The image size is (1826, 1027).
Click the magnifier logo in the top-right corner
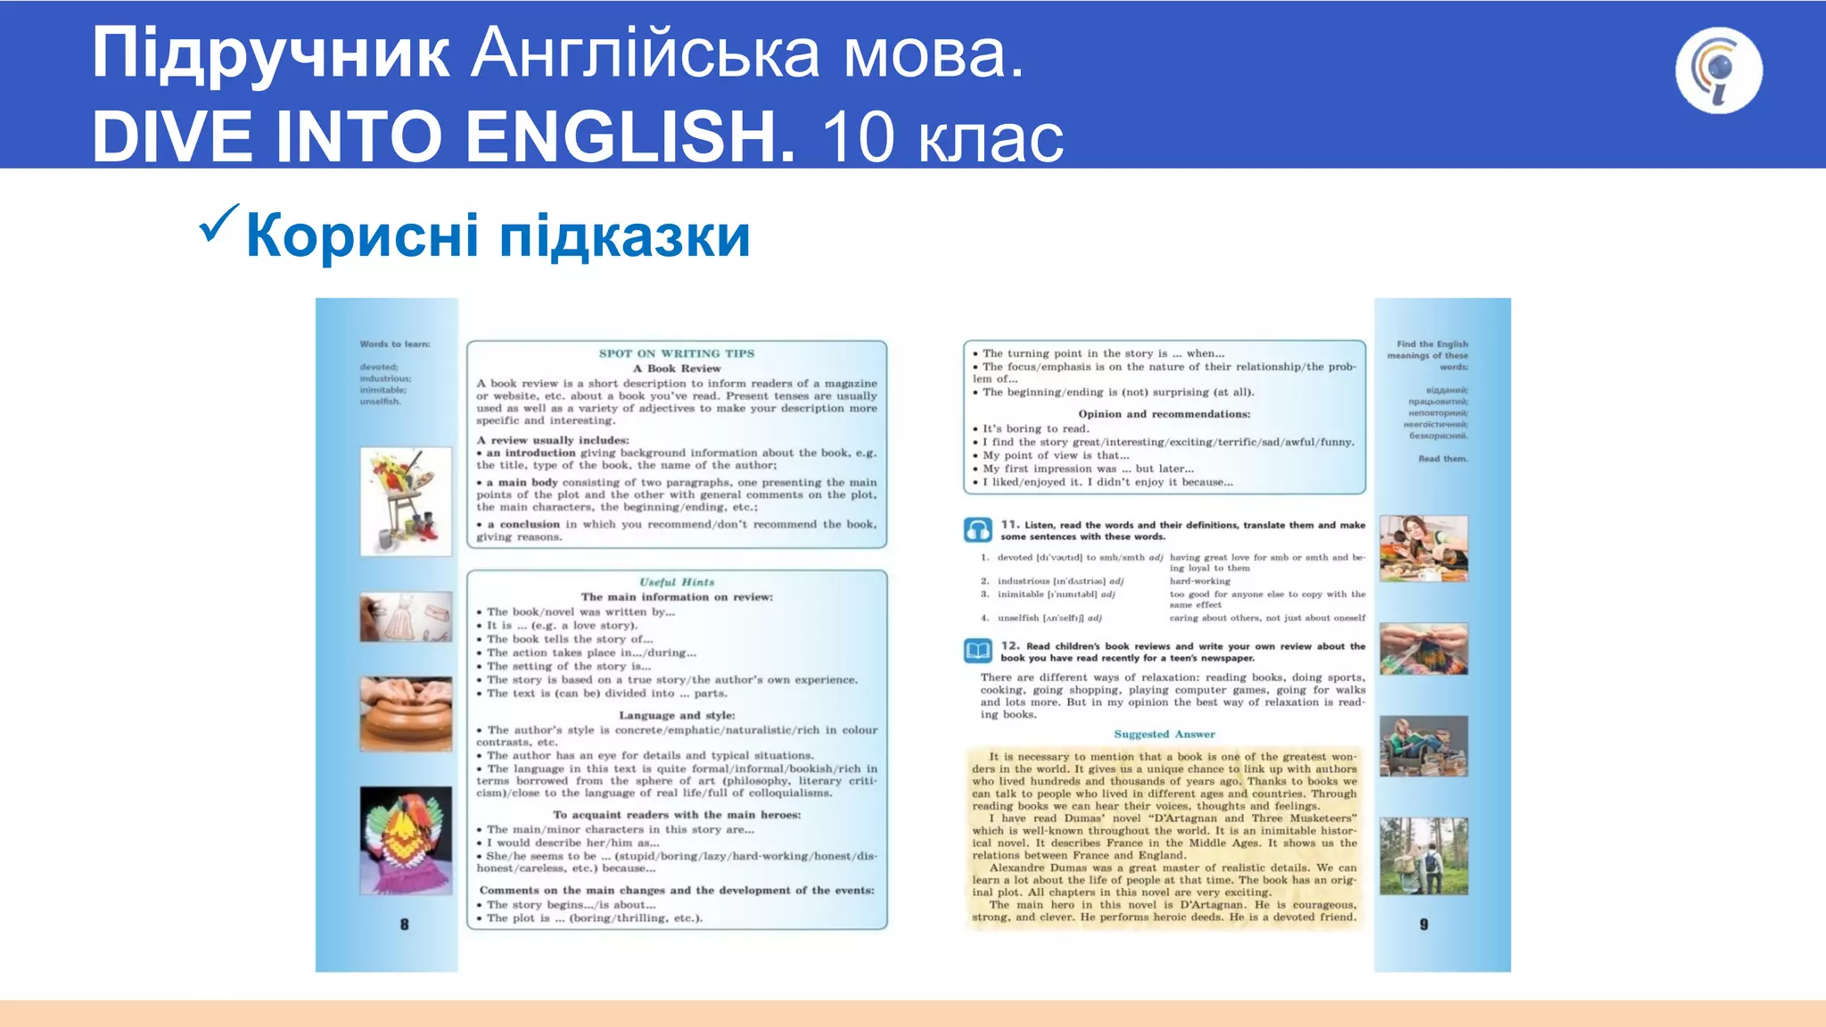pyautogui.click(x=1718, y=70)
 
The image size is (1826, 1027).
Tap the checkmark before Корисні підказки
pyautogui.click(x=218, y=223)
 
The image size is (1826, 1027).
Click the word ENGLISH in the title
pyautogui.click(x=629, y=136)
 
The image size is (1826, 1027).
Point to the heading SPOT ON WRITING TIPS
pyautogui.click(x=677, y=354)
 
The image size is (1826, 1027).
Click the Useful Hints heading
pyautogui.click(x=677, y=582)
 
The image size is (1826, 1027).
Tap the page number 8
pyautogui.click(x=404, y=924)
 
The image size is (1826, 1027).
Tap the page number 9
pyautogui.click(x=1424, y=924)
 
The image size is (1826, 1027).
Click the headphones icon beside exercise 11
pyautogui.click(x=977, y=530)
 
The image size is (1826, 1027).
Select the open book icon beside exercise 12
pyautogui.click(x=977, y=651)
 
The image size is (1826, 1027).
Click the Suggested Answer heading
pyautogui.click(x=1164, y=735)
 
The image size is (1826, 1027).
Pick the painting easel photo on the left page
pyautogui.click(x=406, y=502)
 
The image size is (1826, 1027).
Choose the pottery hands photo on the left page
pyautogui.click(x=406, y=713)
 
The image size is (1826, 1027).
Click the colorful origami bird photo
pyautogui.click(x=406, y=840)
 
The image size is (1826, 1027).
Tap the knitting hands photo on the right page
pyautogui.click(x=1424, y=649)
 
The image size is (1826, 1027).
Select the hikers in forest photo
pyautogui.click(x=1424, y=856)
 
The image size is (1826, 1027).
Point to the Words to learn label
pyautogui.click(x=395, y=344)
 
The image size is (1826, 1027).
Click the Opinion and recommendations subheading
pyautogui.click(x=1164, y=414)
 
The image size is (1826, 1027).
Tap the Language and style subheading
pyautogui.click(x=677, y=715)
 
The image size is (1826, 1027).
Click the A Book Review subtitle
pyautogui.click(x=677, y=368)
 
